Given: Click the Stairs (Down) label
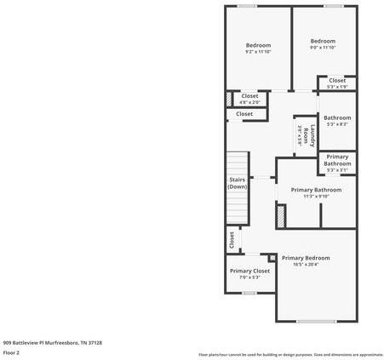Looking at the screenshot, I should (x=238, y=183).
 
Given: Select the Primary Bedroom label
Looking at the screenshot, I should (x=306, y=258).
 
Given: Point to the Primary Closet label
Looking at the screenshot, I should (x=249, y=271).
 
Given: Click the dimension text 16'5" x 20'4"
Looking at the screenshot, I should (x=306, y=264).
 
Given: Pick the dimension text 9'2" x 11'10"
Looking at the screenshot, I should (x=258, y=51).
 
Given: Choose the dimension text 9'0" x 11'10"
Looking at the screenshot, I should (x=323, y=48).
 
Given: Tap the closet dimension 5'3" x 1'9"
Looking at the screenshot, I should (x=337, y=87).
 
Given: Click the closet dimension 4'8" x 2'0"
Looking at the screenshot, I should (x=249, y=102).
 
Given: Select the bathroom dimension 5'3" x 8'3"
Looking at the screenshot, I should (x=337, y=124).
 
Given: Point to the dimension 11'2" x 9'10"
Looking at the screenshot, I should (x=316, y=196).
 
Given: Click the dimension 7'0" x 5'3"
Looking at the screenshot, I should (x=249, y=277).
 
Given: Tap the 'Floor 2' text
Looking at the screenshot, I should (x=12, y=351).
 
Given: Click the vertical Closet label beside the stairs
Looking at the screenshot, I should (x=231, y=241).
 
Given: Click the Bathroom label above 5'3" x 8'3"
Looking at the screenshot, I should (x=337, y=117).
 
